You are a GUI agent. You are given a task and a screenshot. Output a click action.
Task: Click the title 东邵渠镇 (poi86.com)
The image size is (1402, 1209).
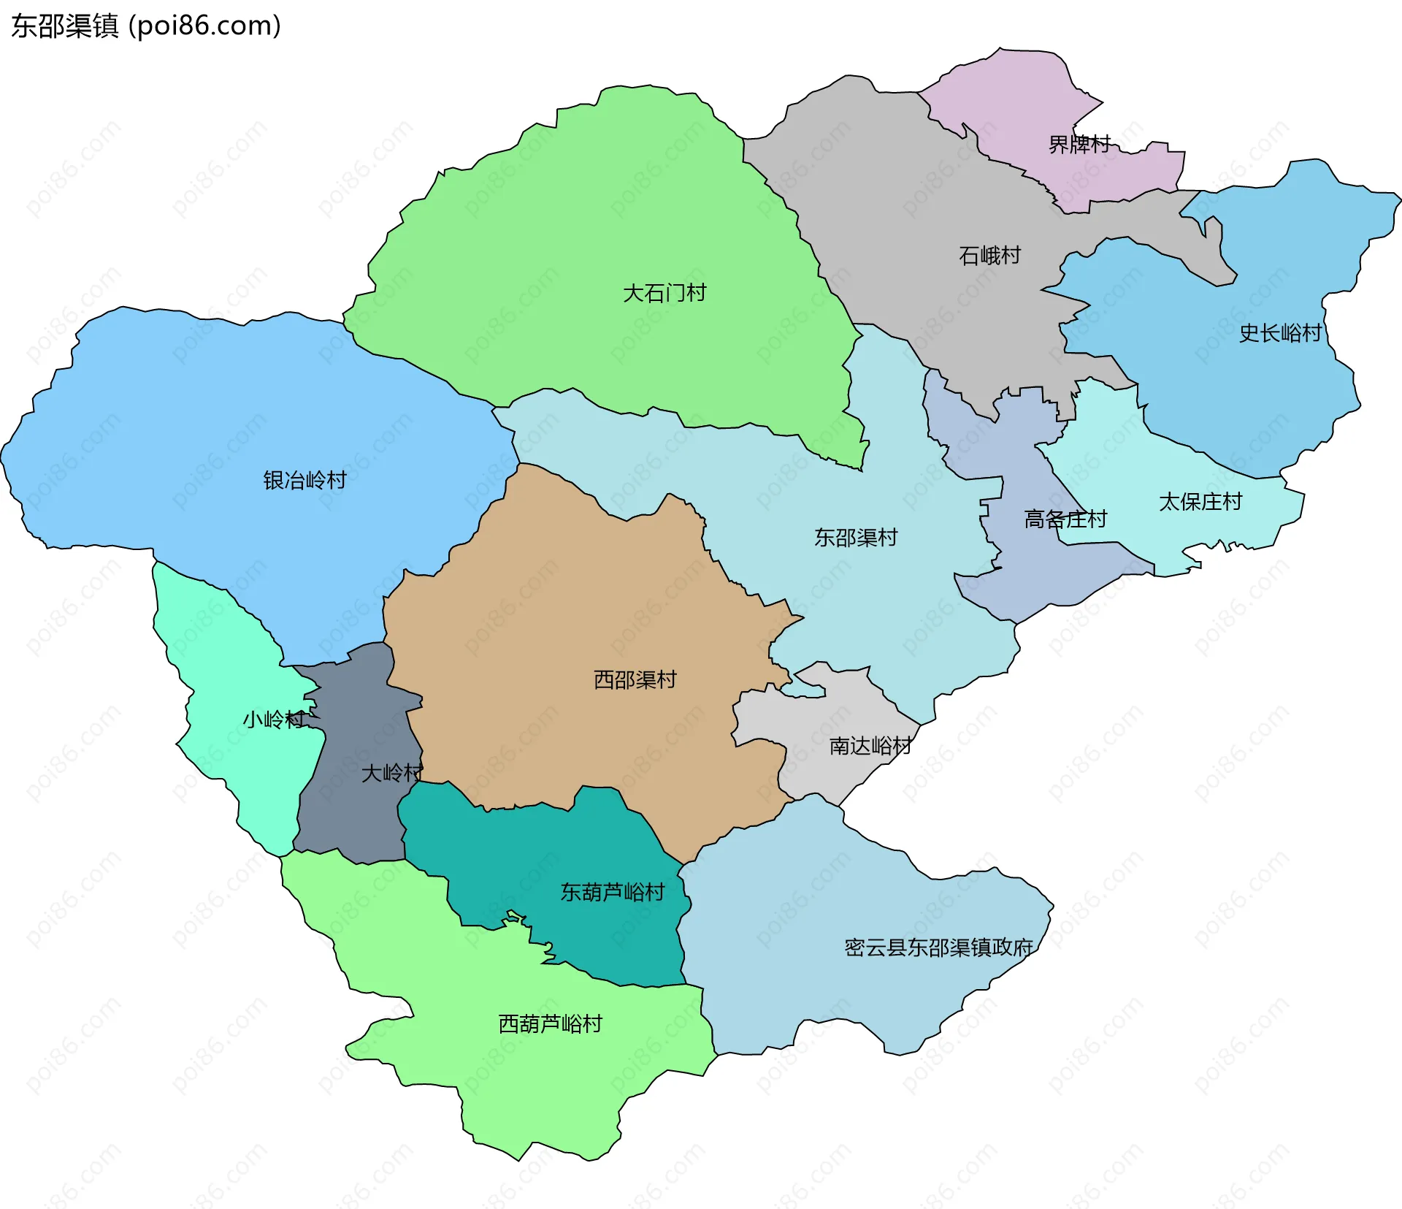[146, 26]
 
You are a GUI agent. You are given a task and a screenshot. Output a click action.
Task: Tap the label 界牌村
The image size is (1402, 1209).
[1079, 145]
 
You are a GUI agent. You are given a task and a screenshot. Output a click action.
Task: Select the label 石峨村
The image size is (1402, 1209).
[989, 256]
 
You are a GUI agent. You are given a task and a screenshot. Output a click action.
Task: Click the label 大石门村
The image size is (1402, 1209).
[664, 294]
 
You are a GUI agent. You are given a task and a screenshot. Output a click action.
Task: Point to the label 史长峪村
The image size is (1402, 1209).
[1280, 334]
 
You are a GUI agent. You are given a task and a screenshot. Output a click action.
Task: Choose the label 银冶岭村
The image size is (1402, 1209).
[304, 481]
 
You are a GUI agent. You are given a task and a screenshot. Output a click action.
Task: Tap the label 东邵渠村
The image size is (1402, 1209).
[856, 538]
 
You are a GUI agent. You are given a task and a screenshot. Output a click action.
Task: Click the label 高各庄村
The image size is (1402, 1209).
[1065, 519]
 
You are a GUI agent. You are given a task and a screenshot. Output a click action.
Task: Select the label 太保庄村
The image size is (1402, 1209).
[1200, 503]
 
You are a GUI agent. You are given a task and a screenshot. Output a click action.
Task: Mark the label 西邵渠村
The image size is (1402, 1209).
[635, 680]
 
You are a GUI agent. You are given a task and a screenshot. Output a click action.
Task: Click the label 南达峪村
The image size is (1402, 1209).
[870, 746]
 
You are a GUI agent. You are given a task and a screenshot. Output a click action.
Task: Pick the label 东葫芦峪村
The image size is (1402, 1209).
[612, 893]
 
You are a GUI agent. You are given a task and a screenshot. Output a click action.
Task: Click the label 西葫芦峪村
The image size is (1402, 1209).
[550, 1024]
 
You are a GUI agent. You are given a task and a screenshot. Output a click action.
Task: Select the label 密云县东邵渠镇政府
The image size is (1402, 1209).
[938, 948]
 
